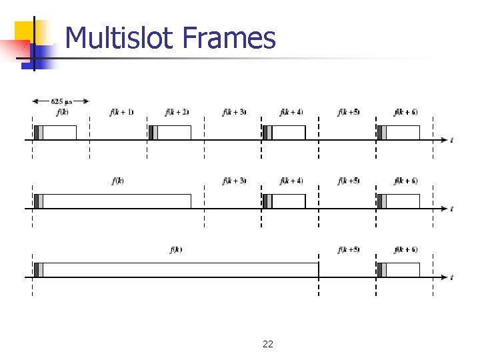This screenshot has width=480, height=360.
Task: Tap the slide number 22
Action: tap(268, 344)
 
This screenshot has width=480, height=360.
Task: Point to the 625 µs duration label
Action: tap(61, 101)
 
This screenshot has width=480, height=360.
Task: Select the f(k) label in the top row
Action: tap(61, 112)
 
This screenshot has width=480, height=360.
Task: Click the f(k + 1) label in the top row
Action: tap(121, 112)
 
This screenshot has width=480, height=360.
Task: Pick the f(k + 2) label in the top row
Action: tap(177, 112)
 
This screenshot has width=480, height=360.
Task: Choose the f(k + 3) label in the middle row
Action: tap(235, 181)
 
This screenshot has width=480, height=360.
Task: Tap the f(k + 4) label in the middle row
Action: tap(291, 181)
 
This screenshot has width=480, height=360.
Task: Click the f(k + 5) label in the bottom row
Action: tap(349, 250)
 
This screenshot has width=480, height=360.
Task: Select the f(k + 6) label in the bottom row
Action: tap(406, 250)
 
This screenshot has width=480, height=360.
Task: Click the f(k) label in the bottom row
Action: tap(176, 250)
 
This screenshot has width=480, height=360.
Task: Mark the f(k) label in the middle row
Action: tap(118, 181)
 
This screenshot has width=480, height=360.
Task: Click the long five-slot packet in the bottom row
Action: tap(177, 269)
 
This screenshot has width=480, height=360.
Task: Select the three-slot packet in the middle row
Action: tap(113, 201)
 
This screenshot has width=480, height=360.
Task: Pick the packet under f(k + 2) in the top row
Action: tap(170, 132)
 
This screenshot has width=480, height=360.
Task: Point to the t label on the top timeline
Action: tap(452, 140)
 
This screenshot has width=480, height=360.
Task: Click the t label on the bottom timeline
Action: tap(452, 277)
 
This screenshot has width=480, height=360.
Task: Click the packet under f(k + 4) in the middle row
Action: tap(285, 201)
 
